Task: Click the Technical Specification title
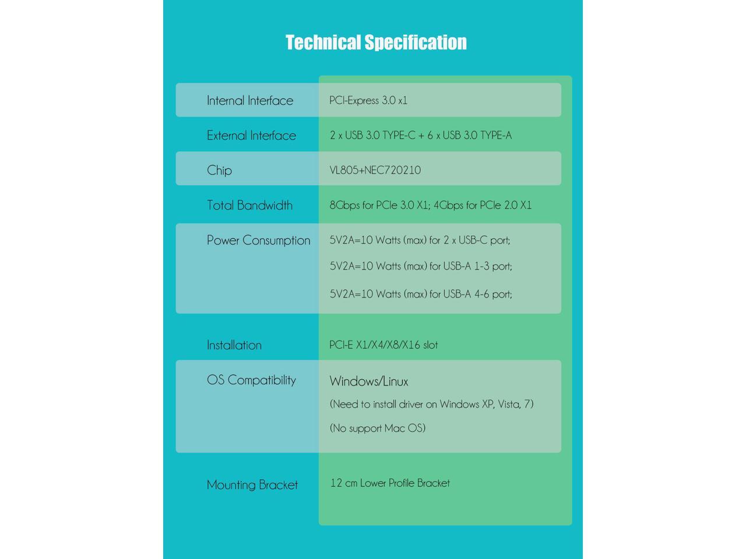tap(376, 43)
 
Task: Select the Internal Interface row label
tap(250, 100)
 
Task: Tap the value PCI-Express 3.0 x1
tap(368, 100)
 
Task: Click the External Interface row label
tap(251, 135)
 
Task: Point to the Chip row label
tap(219, 170)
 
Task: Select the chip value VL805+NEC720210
tap(375, 170)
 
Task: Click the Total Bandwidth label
tap(249, 205)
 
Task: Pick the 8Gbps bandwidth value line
tap(431, 205)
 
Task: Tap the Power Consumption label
tap(258, 240)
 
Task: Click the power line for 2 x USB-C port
tap(420, 240)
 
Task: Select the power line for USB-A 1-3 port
tap(421, 266)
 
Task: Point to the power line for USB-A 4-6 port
tap(421, 294)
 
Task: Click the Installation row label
tap(234, 345)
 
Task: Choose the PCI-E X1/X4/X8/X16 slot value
tap(383, 345)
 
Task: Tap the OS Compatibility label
tap(251, 380)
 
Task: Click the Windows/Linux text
tap(369, 381)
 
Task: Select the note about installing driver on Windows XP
tap(431, 404)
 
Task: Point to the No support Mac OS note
tap(378, 428)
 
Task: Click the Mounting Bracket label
tap(252, 484)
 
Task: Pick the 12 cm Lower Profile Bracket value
tap(390, 483)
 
